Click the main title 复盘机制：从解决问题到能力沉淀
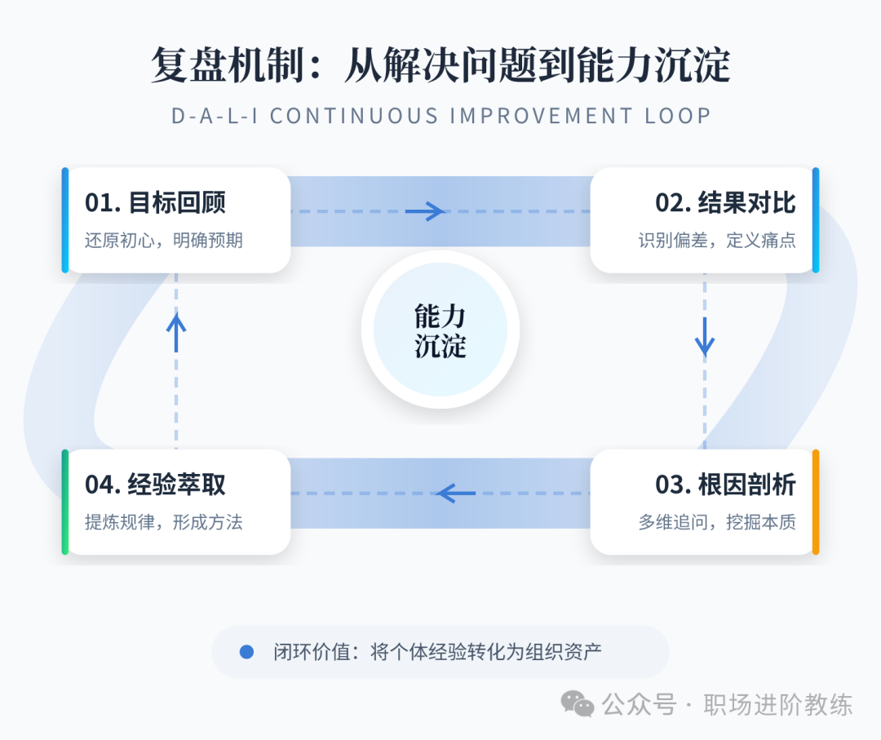440,65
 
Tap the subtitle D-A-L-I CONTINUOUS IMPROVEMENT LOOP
440,116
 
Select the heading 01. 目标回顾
155,203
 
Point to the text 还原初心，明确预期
163,241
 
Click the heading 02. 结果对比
725,203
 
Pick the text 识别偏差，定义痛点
716,241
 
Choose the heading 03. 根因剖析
725,485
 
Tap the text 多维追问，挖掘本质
716,522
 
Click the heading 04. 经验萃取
155,485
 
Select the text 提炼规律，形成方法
163,522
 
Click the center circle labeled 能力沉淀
440,330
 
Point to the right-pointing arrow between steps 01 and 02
425,212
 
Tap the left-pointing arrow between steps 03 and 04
456,493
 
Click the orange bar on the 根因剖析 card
816,502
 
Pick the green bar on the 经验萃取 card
65,502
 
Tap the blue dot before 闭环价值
247,652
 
